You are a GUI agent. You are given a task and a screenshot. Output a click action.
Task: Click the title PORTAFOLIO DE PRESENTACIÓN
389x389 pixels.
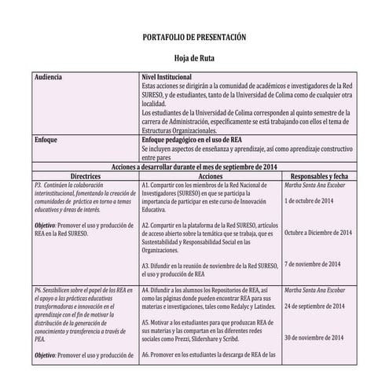point(194,37)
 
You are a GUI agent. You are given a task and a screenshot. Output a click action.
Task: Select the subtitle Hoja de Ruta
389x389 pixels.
point(194,58)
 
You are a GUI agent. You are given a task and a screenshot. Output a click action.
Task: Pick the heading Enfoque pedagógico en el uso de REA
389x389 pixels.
point(192,139)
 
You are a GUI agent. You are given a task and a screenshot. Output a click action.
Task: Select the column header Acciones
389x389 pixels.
point(210,176)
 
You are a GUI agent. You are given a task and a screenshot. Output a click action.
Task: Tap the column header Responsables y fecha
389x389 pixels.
point(319,176)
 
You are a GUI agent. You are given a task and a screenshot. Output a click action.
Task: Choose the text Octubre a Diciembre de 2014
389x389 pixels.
point(318,233)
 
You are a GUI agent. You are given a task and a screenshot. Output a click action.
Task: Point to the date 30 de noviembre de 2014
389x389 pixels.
point(314,338)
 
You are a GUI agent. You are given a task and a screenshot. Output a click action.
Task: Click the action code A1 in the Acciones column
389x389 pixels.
point(146,185)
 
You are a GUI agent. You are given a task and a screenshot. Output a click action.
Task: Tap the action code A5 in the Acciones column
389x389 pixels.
point(146,322)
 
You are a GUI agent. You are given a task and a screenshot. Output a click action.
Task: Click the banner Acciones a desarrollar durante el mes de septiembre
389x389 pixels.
point(194,167)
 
